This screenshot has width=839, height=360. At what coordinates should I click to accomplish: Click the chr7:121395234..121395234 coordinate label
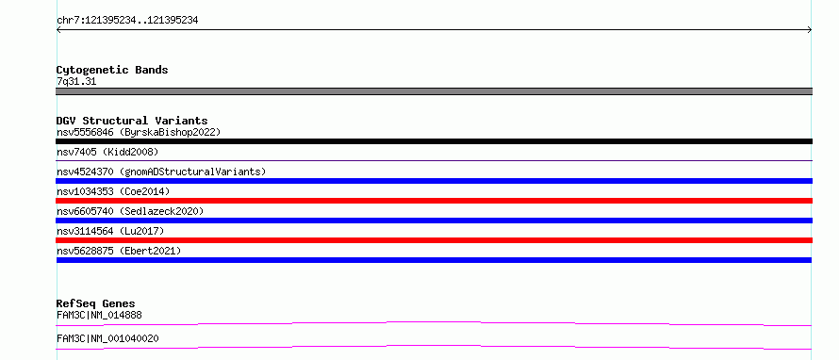tap(127, 21)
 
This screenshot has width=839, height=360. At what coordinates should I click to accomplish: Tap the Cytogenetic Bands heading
tap(112, 70)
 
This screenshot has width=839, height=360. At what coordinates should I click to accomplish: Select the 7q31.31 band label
tap(76, 82)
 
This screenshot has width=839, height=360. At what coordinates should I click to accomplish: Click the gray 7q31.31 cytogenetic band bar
tap(434, 91)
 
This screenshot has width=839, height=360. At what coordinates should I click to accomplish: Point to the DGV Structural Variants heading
tap(132, 121)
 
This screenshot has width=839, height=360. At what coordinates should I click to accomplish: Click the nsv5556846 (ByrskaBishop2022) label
tap(139, 132)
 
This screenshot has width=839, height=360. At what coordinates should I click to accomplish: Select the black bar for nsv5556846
tap(434, 141)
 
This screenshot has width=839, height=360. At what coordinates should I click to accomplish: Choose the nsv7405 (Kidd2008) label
tap(107, 152)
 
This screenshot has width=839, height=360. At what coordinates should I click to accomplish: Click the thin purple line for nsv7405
tap(434, 160)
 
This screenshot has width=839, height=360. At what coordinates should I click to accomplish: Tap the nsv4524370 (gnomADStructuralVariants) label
tap(161, 172)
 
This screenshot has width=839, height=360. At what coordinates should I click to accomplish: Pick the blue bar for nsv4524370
tap(434, 181)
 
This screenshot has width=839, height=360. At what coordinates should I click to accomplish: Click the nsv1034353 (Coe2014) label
tap(113, 191)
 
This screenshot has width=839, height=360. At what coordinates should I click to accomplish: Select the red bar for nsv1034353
tap(434, 201)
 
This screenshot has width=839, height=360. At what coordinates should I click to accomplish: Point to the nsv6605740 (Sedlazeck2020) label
tap(130, 211)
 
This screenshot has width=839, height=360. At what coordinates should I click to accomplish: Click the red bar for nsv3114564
tap(434, 240)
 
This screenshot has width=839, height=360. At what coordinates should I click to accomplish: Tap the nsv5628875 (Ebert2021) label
tap(119, 251)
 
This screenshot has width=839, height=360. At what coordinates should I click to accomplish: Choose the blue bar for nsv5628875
tap(434, 260)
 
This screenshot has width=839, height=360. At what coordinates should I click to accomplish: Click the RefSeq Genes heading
tap(96, 304)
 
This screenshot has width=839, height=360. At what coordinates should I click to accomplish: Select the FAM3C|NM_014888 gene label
tap(99, 315)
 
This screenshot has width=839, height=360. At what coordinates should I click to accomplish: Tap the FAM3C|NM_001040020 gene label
tap(107, 338)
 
